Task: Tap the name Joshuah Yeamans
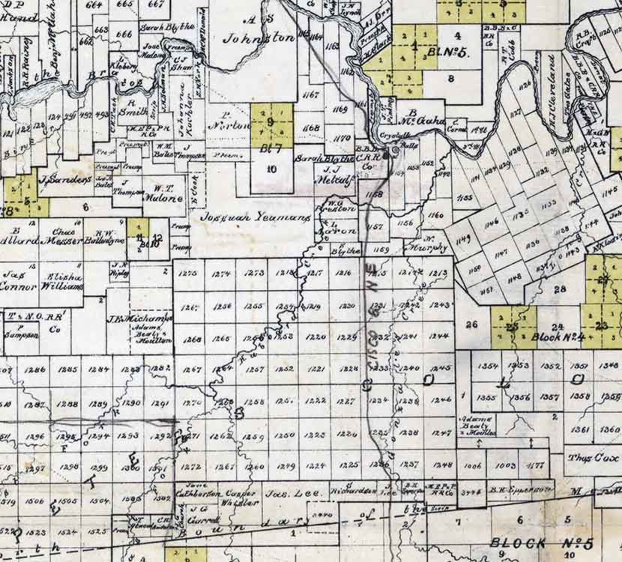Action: (256, 218)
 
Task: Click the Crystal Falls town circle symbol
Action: (395, 150)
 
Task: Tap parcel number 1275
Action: (188, 273)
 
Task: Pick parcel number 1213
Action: (438, 273)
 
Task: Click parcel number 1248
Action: (443, 465)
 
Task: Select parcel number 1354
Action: (487, 366)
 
